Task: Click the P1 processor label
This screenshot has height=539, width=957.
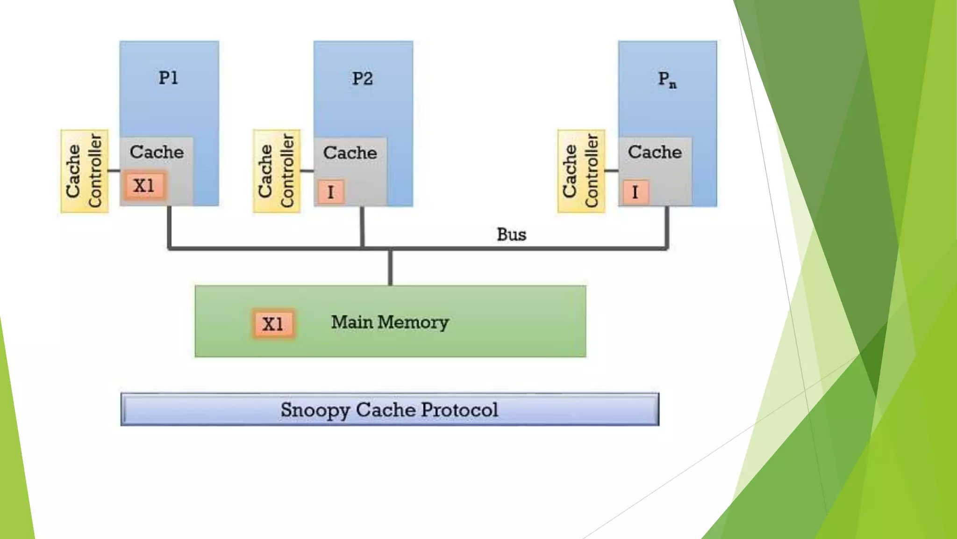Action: tap(169, 78)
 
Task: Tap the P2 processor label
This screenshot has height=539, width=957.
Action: tap(363, 79)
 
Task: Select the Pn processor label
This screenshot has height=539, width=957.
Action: tap(667, 80)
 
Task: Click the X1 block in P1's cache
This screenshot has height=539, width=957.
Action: tap(144, 186)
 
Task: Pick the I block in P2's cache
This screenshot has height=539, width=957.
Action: tap(331, 192)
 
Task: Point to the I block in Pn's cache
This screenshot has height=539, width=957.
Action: tap(635, 192)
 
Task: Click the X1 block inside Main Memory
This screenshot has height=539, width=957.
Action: tap(273, 324)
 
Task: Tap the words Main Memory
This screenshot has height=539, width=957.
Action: tap(390, 322)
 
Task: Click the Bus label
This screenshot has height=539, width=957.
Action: tap(511, 234)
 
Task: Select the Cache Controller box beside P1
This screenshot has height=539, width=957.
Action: tap(85, 171)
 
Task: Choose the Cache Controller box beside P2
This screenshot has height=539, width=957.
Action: tap(277, 171)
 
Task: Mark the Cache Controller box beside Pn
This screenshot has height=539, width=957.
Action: tap(581, 171)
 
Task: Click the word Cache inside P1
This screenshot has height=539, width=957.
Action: tap(157, 152)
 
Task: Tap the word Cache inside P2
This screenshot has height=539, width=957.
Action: tap(350, 153)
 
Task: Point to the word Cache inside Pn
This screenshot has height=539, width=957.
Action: tap(655, 152)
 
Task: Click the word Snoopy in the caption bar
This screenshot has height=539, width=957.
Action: tap(315, 410)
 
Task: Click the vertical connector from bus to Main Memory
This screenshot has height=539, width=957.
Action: tap(390, 267)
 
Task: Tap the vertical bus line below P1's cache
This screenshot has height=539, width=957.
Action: tap(169, 227)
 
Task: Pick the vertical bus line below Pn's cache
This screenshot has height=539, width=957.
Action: tap(667, 227)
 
